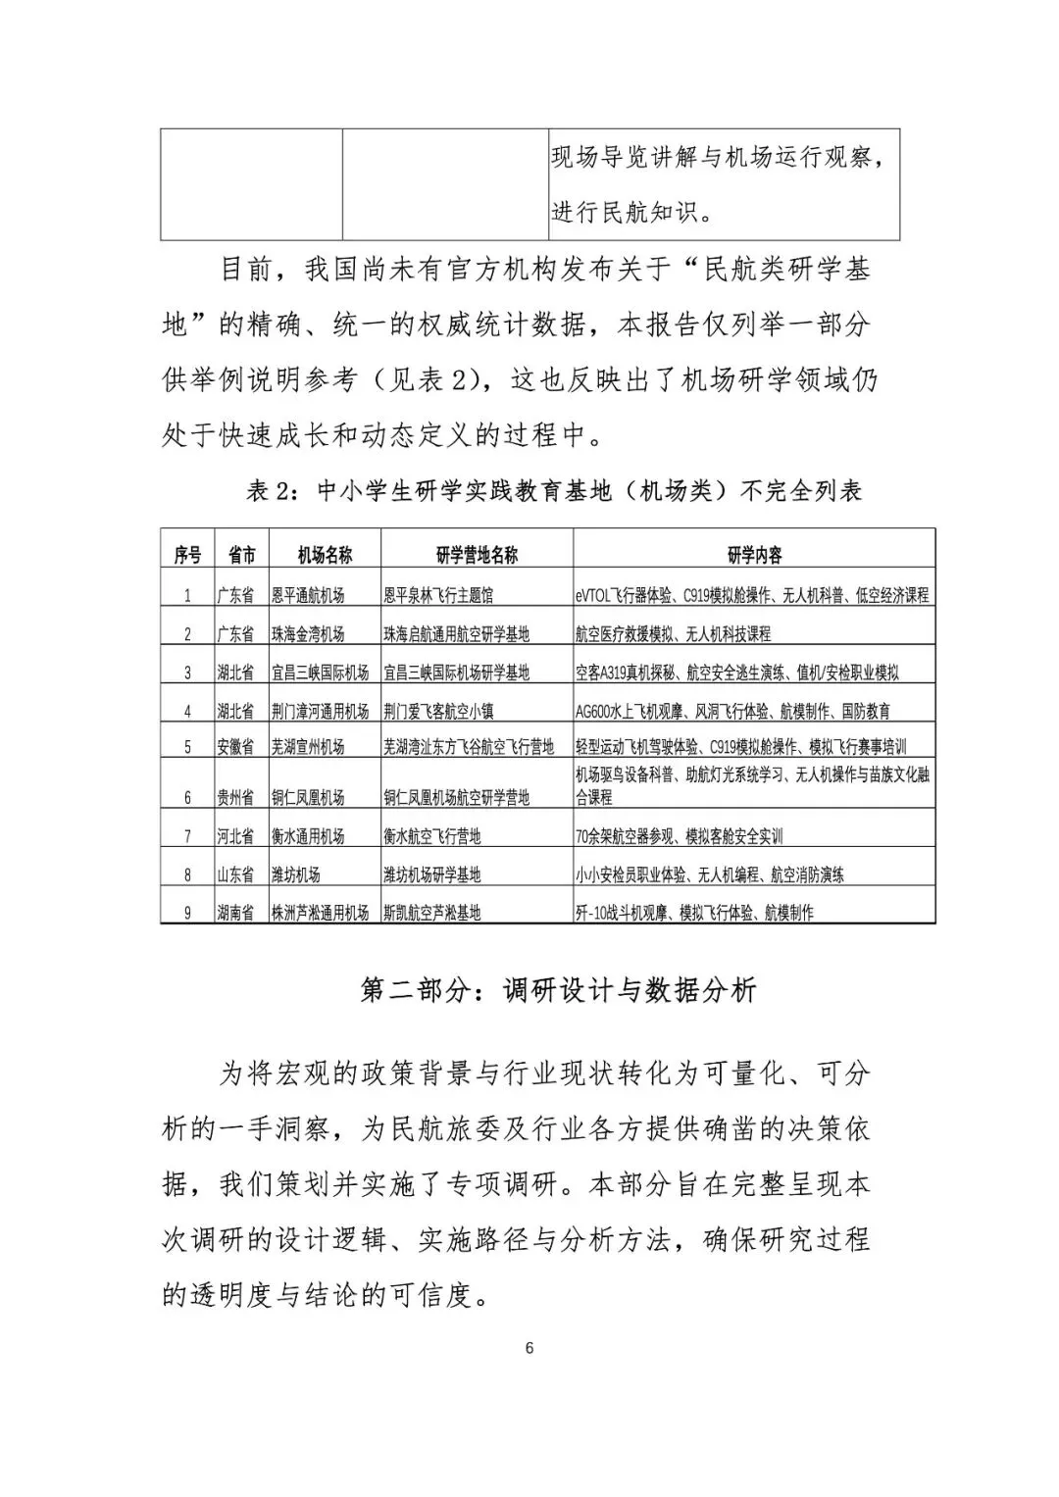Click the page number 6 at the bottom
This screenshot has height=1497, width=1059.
click(529, 1348)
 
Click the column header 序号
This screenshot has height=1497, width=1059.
click(187, 556)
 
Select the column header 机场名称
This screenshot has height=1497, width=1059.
click(325, 556)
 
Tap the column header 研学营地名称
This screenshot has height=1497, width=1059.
click(477, 556)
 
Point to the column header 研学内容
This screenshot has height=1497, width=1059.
click(754, 556)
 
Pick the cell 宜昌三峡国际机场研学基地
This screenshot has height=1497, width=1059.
click(457, 673)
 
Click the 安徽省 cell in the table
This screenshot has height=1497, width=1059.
click(235, 747)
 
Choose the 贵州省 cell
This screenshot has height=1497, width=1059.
click(235, 797)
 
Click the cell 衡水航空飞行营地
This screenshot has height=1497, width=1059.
click(432, 836)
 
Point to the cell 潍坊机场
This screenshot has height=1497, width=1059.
click(296, 874)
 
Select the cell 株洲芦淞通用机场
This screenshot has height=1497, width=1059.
click(321, 913)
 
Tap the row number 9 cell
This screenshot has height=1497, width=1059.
click(187, 913)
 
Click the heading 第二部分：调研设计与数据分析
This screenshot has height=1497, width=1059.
click(559, 991)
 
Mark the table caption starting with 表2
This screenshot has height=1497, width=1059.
click(554, 491)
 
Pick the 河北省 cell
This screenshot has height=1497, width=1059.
click(235, 836)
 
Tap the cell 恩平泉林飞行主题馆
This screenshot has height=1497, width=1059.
click(439, 595)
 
